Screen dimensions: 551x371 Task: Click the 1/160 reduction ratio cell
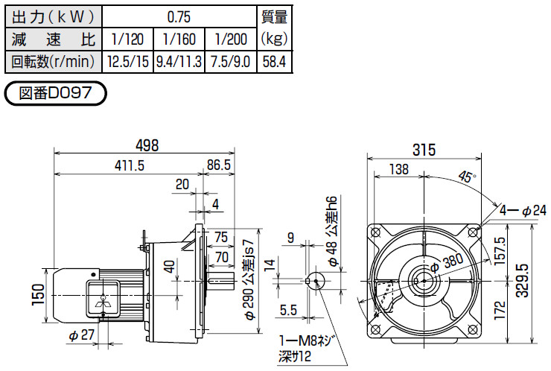coord(179,39)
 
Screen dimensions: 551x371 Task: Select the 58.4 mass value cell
coord(275,62)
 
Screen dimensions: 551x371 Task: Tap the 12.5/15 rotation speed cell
coord(128,62)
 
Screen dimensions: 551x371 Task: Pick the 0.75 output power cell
coord(179,17)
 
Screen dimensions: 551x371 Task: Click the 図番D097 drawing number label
coord(55,93)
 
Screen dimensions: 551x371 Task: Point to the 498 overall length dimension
coord(148,145)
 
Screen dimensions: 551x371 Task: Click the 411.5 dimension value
coord(130,165)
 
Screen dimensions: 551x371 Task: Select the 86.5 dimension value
coord(219,165)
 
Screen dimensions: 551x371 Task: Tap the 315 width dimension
coord(424,150)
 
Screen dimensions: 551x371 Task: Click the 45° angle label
coord(467,177)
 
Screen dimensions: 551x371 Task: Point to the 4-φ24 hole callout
coord(523,211)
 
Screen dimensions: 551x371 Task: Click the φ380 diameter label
coord(446,264)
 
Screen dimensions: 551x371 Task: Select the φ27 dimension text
coord(82,335)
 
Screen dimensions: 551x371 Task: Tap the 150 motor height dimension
coord(38,295)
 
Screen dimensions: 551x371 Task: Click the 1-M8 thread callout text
coord(305,340)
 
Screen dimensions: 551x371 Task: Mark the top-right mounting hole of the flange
coord(472,232)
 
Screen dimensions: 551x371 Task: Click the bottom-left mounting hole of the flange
coord(375,329)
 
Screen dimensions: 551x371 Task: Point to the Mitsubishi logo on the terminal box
coord(102,303)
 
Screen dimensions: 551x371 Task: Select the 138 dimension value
coord(399,169)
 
